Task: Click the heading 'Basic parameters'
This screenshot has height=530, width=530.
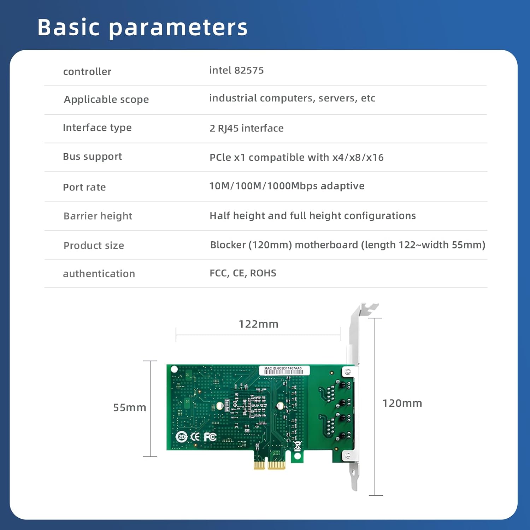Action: click(142, 27)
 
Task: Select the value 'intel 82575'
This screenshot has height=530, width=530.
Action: click(236, 70)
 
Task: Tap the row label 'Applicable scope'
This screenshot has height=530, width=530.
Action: click(106, 100)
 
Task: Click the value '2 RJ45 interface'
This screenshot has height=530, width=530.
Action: click(246, 128)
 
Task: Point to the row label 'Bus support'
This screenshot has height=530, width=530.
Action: click(92, 157)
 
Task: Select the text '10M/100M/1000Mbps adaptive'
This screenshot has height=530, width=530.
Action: click(287, 186)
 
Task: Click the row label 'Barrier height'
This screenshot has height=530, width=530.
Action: click(98, 216)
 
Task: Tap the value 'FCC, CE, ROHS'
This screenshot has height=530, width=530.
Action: click(243, 273)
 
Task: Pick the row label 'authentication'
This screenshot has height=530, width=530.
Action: click(99, 273)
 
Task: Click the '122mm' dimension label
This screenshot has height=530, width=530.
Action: click(258, 324)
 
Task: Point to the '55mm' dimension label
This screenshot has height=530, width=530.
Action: click(129, 407)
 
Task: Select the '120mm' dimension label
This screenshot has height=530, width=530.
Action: click(402, 403)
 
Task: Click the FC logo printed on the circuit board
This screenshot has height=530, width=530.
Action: click(210, 437)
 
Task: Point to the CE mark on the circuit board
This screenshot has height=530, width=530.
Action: click(195, 437)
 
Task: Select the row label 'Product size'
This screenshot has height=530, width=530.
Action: click(94, 246)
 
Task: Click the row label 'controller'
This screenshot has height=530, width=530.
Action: click(87, 72)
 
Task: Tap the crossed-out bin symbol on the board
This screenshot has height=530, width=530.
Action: click(298, 446)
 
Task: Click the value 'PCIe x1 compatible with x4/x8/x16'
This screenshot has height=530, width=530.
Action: click(296, 157)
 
